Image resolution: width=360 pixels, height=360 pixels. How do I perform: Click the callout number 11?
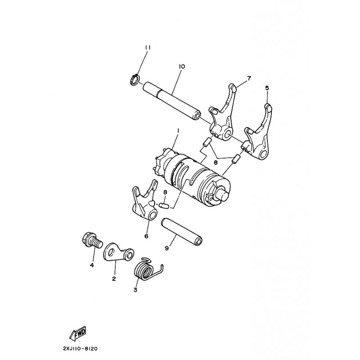point(148,48)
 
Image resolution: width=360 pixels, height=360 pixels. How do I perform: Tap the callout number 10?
point(182,66)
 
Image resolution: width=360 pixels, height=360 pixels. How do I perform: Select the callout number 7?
point(249,78)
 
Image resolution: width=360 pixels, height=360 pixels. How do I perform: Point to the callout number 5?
point(267,88)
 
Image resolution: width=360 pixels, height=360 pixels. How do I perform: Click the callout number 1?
point(178,130)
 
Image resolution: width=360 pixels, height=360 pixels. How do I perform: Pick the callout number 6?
point(147,235)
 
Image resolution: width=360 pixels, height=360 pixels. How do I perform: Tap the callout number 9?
point(166,248)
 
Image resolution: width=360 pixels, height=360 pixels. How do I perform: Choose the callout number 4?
point(92,265)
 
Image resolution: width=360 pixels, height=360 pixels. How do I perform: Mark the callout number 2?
point(114,279)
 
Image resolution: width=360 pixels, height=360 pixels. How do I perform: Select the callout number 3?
point(135,290)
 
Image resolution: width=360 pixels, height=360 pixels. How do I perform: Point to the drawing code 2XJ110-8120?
point(80,348)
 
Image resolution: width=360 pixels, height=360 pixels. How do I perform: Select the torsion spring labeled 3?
point(148,268)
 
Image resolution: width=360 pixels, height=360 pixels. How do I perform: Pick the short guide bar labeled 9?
point(181,231)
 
